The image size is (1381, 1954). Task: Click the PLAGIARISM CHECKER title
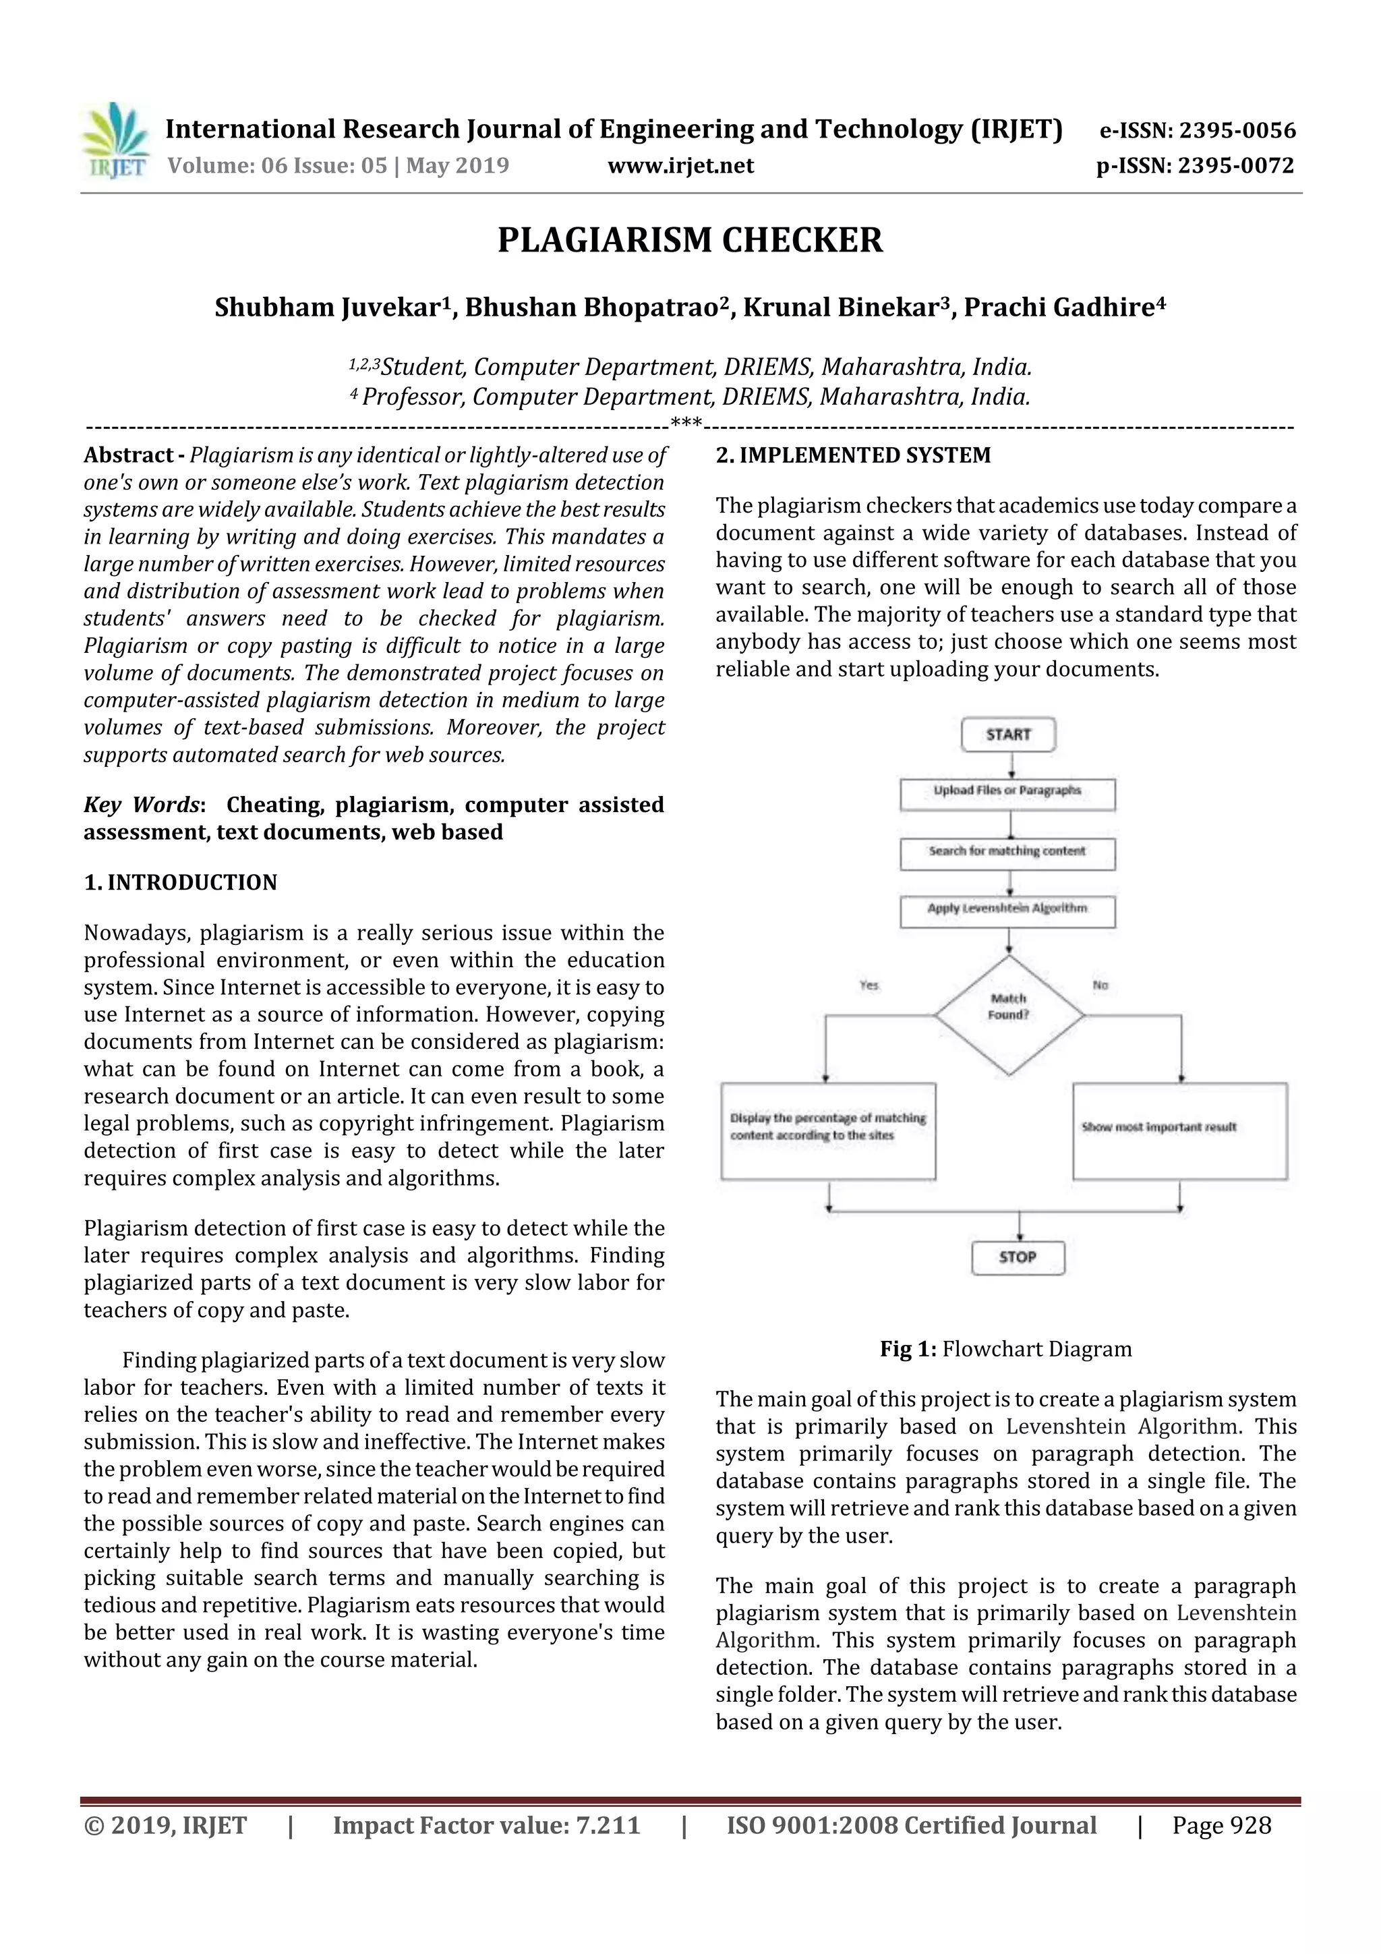pos(690,240)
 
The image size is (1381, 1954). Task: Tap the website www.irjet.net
pos(680,165)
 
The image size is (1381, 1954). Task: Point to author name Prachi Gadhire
pos(1063,307)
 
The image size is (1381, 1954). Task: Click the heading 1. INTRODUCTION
pos(181,882)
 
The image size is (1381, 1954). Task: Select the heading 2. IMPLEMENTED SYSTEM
pos(854,455)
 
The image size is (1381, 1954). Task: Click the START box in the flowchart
pos(1008,735)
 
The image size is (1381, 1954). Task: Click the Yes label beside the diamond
pos(869,985)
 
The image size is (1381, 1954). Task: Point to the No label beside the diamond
pos(1100,985)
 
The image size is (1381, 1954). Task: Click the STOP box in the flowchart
pos(1018,1257)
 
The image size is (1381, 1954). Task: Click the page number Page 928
pos(1221,1825)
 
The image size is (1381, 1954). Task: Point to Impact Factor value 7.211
pos(486,1825)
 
